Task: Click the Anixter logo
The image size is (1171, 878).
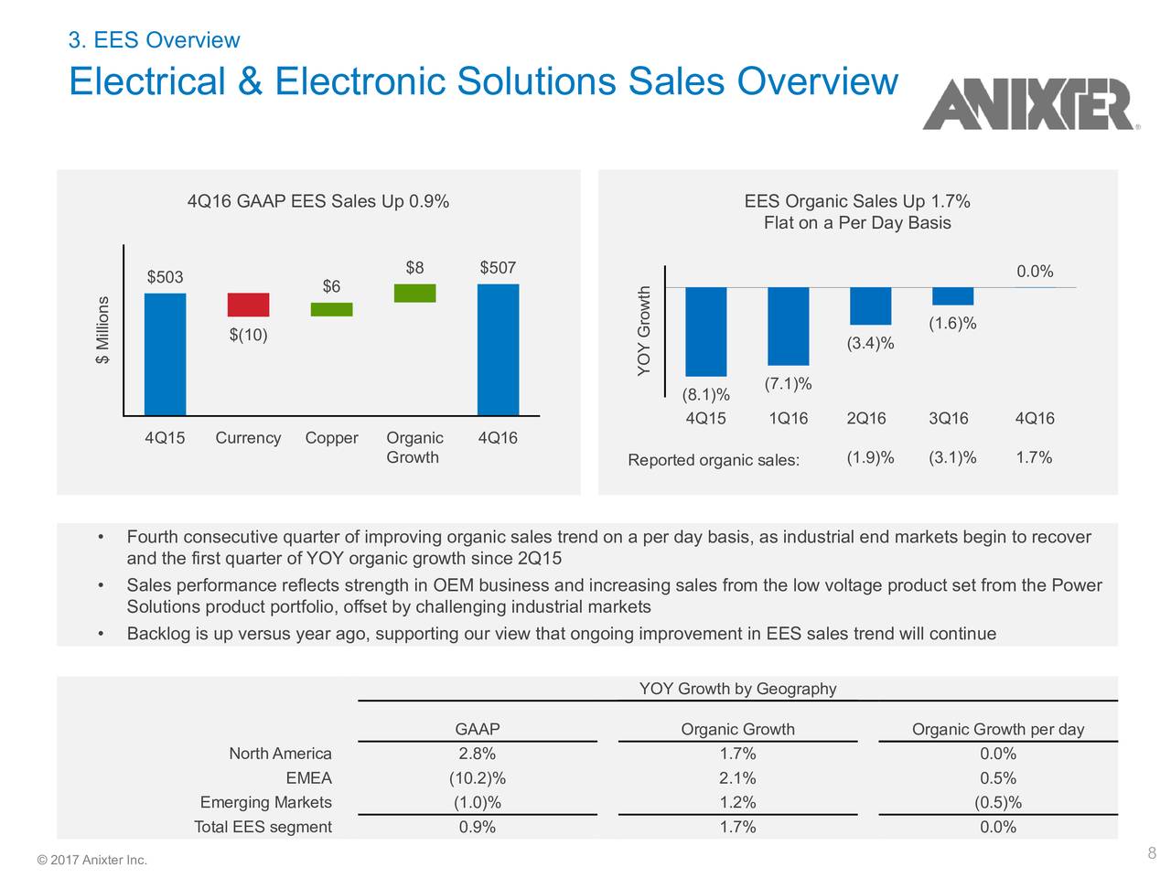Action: coord(1029,104)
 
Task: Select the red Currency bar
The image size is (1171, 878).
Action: coord(248,305)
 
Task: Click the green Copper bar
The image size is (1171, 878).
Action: coord(331,309)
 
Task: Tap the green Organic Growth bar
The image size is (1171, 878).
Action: coord(414,293)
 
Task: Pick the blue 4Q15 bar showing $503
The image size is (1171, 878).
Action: coord(165,354)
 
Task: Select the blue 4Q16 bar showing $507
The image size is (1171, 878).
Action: coord(498,349)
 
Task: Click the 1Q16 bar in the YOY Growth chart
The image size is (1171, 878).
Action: coord(788,327)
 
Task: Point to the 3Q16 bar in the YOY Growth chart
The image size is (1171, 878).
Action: coord(952,296)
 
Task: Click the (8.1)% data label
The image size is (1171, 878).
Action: coord(706,395)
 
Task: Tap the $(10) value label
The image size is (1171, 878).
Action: coord(248,335)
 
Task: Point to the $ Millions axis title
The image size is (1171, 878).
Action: coord(102,330)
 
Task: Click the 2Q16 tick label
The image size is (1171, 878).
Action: coord(866,419)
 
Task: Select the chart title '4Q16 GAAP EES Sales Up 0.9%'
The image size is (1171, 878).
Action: coord(317,202)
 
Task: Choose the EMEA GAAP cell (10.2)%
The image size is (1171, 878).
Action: coord(477,778)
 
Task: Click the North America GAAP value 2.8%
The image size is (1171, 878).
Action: coord(477,754)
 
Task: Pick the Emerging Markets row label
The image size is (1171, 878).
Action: coord(265,803)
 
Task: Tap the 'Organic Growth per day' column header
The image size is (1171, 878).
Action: coord(997,729)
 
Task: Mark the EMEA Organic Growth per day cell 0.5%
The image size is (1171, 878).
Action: coord(997,778)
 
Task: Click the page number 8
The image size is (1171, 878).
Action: coord(1152,854)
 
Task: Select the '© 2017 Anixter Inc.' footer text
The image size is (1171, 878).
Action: coord(91,860)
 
